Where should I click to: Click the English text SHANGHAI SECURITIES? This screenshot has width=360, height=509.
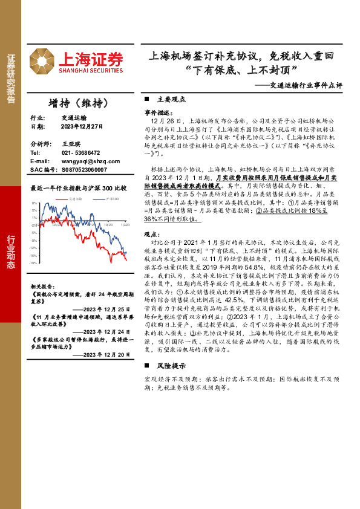[91, 71]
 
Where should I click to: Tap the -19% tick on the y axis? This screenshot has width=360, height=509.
[34, 263]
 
